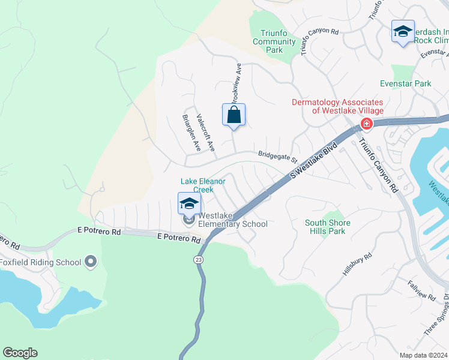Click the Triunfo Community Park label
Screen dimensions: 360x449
click(x=274, y=41)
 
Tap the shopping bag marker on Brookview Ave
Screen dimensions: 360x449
click(x=234, y=115)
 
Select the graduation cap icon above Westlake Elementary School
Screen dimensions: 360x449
click(x=189, y=204)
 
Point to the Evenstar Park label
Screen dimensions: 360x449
click(x=405, y=84)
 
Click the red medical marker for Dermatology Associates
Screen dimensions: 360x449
click(x=366, y=124)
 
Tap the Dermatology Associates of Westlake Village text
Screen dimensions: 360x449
click(x=337, y=106)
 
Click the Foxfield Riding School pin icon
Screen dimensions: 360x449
click(x=91, y=262)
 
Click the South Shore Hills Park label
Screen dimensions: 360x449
click(x=328, y=227)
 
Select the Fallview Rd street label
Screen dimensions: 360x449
click(x=421, y=289)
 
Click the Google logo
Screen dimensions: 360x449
click(x=20, y=353)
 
